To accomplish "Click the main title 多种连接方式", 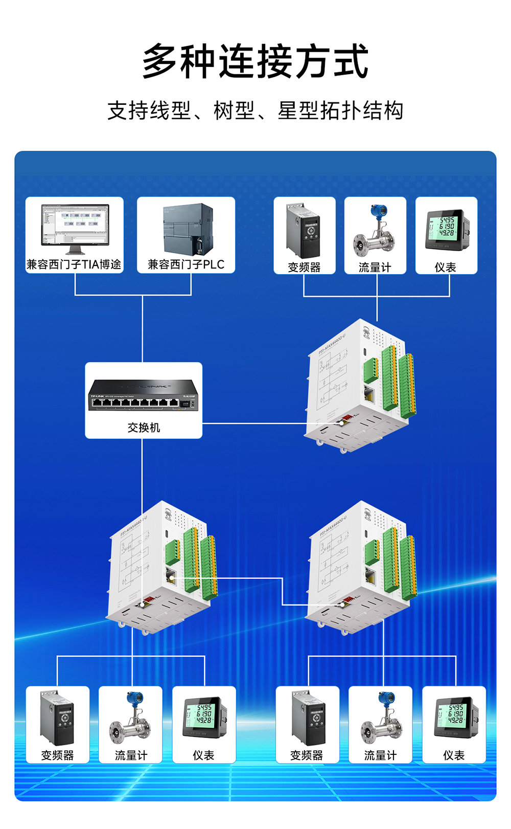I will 255,61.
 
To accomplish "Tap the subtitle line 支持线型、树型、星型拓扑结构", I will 255,110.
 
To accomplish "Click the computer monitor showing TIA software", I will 75,228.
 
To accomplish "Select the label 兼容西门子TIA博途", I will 74,264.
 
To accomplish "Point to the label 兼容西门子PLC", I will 186,264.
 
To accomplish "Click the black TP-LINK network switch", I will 144,395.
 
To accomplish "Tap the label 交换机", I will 144,428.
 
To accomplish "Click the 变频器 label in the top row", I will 304,267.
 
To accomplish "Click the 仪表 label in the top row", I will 446,267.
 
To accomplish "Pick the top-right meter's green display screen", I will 442,227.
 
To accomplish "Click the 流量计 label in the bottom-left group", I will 131,755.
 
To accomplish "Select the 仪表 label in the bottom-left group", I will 203,755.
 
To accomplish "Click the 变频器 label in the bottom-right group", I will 307,755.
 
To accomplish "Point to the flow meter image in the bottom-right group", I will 380,719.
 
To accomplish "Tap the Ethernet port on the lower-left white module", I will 171,576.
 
